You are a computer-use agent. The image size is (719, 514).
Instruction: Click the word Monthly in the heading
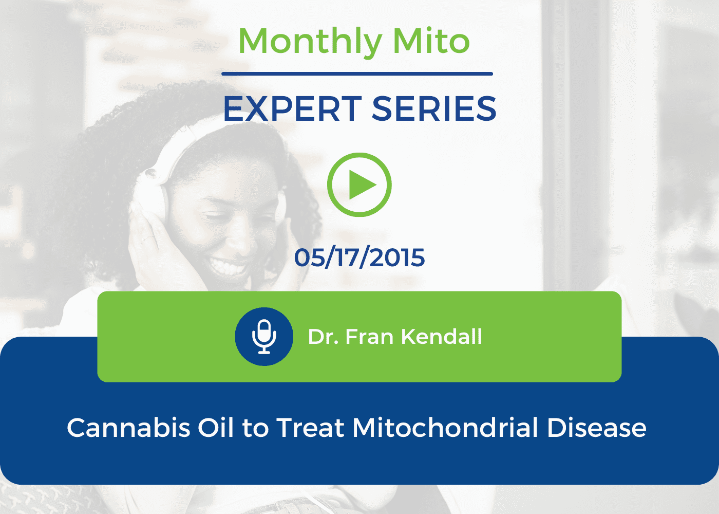click(310, 43)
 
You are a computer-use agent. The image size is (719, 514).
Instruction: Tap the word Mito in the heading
click(431, 41)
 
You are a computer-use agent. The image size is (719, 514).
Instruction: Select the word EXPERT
click(292, 109)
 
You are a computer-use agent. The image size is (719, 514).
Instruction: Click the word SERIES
click(434, 109)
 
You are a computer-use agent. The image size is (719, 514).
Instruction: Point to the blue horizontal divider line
click(357, 74)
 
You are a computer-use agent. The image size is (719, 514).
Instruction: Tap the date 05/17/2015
click(359, 258)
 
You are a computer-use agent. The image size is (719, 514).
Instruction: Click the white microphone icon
click(264, 337)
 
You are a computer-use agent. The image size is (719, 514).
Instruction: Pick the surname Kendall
click(442, 336)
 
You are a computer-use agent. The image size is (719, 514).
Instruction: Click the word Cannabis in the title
click(128, 428)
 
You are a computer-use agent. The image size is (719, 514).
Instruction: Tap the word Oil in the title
click(216, 427)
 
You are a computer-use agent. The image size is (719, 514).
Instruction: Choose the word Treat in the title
click(310, 428)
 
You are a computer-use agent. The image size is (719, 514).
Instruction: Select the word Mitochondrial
click(445, 428)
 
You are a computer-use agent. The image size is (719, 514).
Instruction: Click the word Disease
click(597, 428)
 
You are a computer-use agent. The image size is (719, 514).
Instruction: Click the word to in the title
click(256, 429)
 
